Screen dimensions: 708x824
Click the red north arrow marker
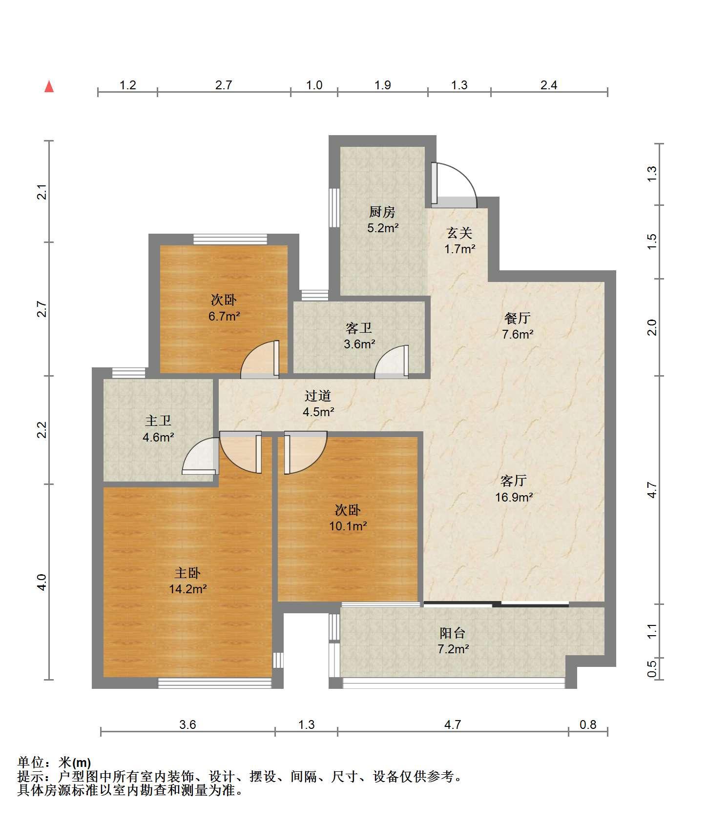point(49,86)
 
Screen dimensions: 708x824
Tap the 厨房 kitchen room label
point(382,212)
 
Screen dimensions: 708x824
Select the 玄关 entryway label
point(459,233)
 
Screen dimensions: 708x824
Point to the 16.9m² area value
point(514,497)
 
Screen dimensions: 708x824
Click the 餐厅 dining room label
point(517,319)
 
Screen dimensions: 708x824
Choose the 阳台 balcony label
point(453,633)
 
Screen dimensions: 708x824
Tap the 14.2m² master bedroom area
point(188,589)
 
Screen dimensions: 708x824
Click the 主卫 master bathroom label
point(158,421)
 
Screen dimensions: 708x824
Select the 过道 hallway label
point(318,396)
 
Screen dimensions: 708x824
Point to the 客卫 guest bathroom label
point(359,328)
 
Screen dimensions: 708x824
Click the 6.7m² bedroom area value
point(224,316)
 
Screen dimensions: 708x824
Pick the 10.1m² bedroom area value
point(348,526)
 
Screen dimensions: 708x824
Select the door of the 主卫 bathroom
point(200,456)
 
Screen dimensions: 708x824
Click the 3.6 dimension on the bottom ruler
point(187,724)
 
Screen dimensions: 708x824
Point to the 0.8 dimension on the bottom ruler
point(588,724)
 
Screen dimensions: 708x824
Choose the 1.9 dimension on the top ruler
point(383,85)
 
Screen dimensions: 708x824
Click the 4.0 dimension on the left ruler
point(42,582)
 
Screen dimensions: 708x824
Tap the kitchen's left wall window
point(334,207)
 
